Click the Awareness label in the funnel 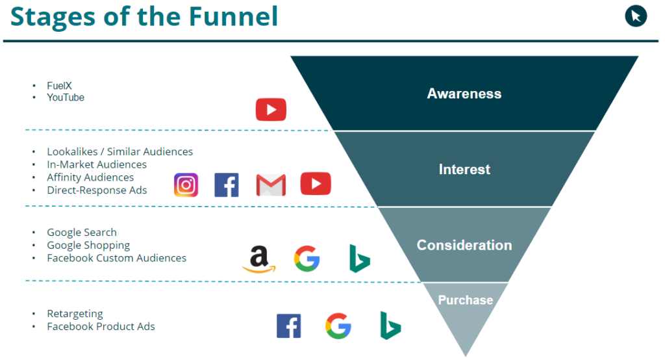click(x=464, y=94)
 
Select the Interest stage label click(x=464, y=170)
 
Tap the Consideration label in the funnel click(x=464, y=245)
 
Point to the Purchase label click(x=465, y=300)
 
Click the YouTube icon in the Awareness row click(x=271, y=110)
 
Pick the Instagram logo click(x=186, y=185)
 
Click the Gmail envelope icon click(x=271, y=185)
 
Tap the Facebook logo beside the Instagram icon click(x=227, y=185)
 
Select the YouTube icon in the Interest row click(x=316, y=184)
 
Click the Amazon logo click(x=259, y=259)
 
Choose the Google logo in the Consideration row click(x=307, y=259)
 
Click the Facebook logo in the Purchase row click(x=289, y=326)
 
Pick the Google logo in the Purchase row click(x=338, y=326)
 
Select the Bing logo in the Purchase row click(x=390, y=326)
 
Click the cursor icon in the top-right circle click(x=636, y=16)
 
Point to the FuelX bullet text click(x=59, y=86)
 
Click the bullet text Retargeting click(x=75, y=314)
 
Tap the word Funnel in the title click(x=233, y=16)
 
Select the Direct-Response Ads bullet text click(x=97, y=190)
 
